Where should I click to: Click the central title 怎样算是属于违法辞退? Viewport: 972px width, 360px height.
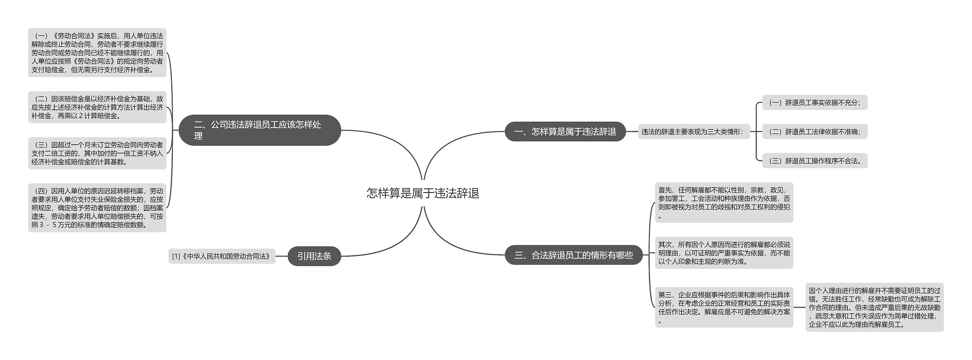tap(423, 193)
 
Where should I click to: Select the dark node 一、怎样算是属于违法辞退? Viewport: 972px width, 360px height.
tap(565, 132)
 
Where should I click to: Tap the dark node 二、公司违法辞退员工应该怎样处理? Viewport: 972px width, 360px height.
tap(260, 130)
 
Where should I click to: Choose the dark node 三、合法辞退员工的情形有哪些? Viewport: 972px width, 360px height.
tap(573, 255)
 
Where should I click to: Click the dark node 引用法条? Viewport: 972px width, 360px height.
tap(314, 256)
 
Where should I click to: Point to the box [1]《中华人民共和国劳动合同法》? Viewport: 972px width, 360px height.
tap(222, 256)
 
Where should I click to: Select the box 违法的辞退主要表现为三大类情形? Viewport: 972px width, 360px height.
tap(694, 132)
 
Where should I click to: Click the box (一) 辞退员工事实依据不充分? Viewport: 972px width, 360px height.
tap(815, 103)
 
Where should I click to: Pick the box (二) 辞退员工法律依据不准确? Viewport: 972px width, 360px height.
tap(815, 132)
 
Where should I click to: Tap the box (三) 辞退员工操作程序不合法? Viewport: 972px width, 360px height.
tap(815, 161)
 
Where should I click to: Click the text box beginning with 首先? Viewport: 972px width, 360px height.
tap(724, 202)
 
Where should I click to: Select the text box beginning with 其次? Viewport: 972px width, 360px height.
tap(724, 253)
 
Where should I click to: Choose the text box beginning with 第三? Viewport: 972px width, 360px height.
tap(724, 307)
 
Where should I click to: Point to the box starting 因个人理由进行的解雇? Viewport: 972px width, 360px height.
tap(874, 307)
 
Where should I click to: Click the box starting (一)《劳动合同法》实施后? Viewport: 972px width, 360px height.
tap(97, 53)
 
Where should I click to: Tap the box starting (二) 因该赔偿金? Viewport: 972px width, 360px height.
tap(97, 107)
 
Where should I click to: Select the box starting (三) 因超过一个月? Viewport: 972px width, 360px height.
tap(97, 153)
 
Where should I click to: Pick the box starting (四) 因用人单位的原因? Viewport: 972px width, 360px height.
tap(97, 208)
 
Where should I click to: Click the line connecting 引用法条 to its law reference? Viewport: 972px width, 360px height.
tap(281, 256)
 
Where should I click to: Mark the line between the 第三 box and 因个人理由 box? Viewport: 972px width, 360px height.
tap(799, 307)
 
